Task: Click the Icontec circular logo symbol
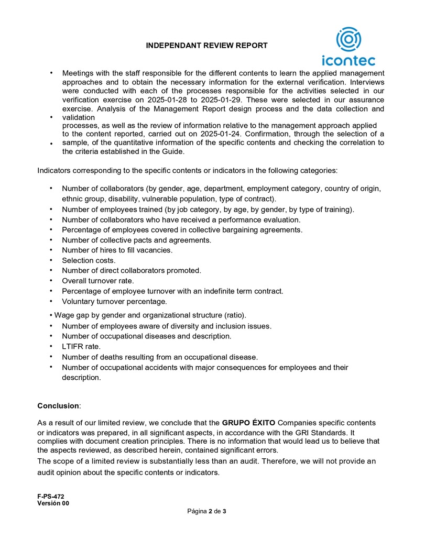point(348,40)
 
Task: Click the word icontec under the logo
point(348,60)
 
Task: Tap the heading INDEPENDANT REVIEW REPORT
point(206,46)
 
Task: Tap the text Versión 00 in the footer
point(53,503)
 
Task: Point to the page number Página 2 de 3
point(206,511)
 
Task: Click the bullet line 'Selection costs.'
point(89,260)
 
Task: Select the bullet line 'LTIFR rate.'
point(81,346)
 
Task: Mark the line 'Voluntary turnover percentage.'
point(114,302)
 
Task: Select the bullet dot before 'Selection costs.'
point(51,260)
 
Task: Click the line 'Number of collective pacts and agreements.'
point(136,240)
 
